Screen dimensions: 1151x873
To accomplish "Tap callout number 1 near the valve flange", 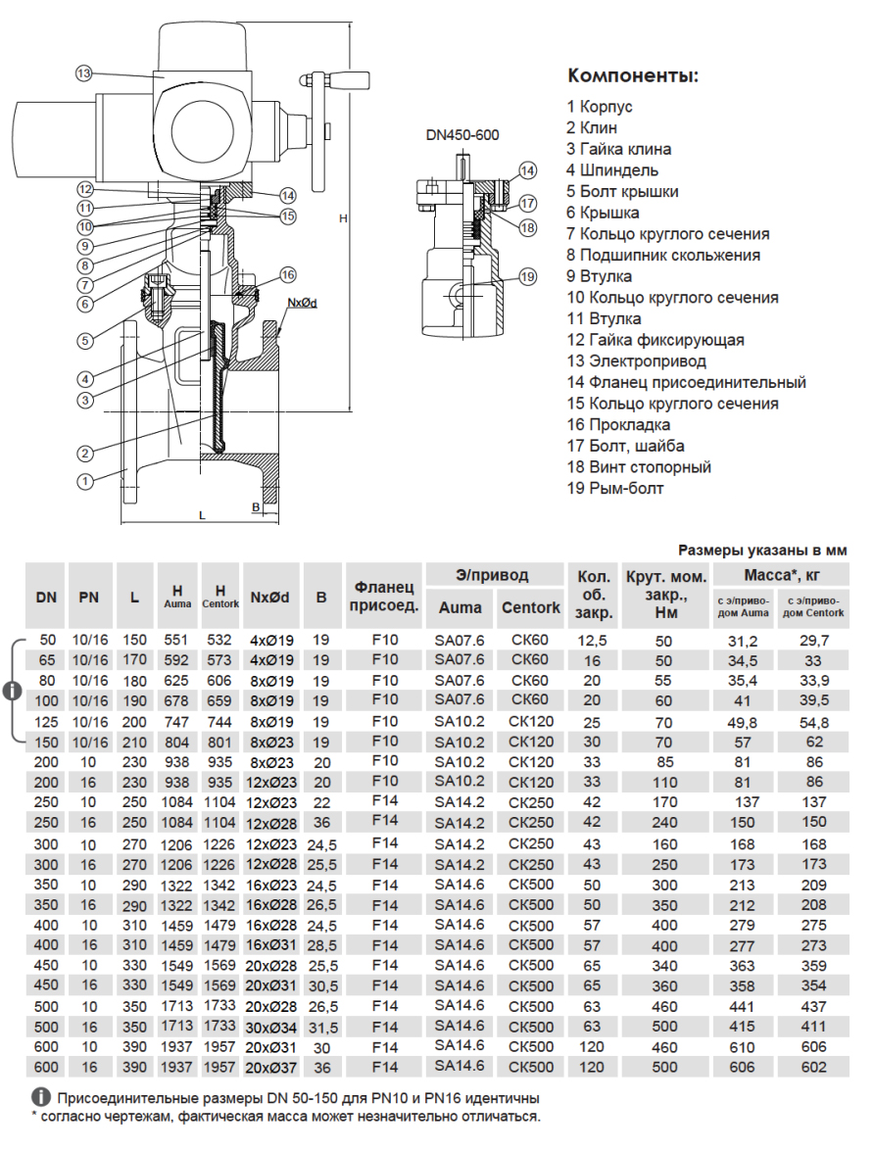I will [85, 481].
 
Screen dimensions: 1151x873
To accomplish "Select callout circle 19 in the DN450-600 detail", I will [528, 277].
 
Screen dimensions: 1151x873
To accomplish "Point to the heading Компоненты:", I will [633, 76].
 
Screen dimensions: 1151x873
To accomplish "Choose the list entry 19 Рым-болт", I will [614, 488].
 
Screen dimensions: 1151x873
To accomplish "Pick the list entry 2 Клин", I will [592, 127].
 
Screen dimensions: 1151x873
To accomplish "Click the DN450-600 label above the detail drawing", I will [462, 135].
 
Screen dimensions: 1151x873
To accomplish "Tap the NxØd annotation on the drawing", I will [302, 304].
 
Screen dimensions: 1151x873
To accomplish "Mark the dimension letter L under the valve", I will [201, 513].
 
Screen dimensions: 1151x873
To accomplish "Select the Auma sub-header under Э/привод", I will [460, 607].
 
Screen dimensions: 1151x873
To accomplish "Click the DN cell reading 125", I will [45, 722].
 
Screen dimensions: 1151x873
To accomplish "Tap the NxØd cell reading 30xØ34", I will [267, 1027].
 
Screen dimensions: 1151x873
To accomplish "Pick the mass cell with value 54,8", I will [814, 722].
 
